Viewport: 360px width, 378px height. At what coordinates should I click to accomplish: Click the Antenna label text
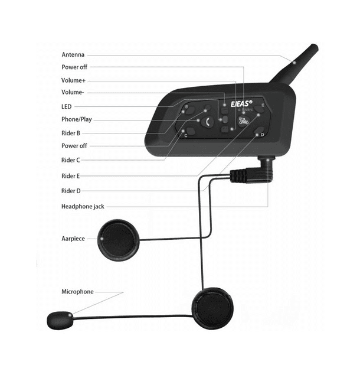pyautogui.click(x=73, y=54)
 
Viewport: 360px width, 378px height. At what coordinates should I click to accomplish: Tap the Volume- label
pyautogui.click(x=73, y=92)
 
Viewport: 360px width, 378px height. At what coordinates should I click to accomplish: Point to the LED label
pyautogui.click(x=66, y=106)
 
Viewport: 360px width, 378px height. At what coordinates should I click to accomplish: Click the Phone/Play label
pyautogui.click(x=77, y=119)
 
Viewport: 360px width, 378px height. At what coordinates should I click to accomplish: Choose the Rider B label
pyautogui.click(x=71, y=133)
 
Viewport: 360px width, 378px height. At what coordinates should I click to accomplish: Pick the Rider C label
pyautogui.click(x=71, y=160)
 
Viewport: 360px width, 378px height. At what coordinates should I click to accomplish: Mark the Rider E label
pyautogui.click(x=71, y=176)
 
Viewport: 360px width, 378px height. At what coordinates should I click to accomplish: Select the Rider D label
pyautogui.click(x=71, y=191)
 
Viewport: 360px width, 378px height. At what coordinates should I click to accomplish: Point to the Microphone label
pyautogui.click(x=77, y=292)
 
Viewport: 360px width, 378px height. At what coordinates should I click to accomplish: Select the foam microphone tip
pyautogui.click(x=59, y=320)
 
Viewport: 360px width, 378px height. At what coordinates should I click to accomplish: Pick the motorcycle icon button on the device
pyautogui.click(x=243, y=123)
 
